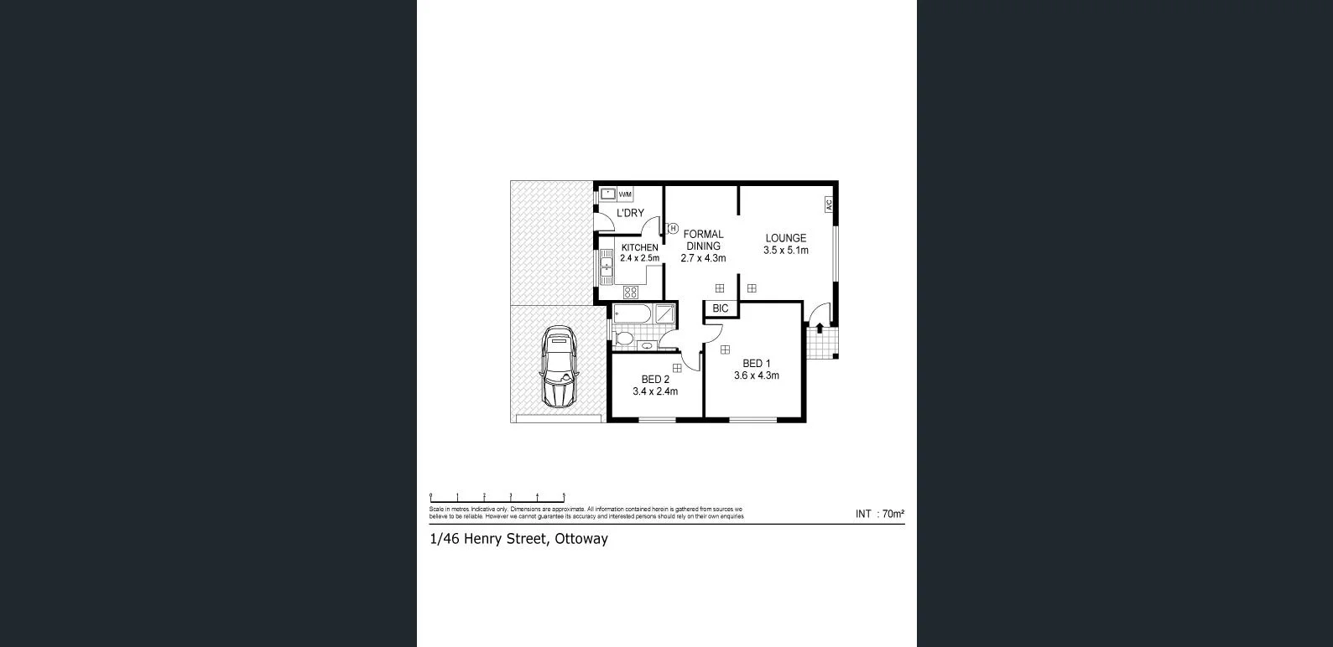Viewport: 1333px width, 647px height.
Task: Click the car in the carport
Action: coord(559,367)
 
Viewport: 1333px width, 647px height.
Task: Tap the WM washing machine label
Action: coord(625,194)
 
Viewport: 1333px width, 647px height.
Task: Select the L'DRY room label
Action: coord(630,214)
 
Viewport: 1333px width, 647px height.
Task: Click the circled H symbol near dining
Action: coord(673,228)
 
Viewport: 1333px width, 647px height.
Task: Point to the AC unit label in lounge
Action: coord(828,204)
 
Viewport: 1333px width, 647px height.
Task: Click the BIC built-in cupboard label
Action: coord(721,308)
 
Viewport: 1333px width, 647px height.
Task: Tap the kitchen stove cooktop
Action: coord(630,292)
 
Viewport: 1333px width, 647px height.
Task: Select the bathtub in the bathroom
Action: coord(632,314)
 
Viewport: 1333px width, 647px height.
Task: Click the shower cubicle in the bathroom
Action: coord(665,314)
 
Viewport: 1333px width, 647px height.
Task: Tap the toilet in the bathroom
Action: coord(622,339)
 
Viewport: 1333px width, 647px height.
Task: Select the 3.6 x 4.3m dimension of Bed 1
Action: coord(756,375)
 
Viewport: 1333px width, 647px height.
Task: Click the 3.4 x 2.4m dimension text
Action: coord(655,391)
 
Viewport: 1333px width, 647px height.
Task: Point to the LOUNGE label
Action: coord(785,238)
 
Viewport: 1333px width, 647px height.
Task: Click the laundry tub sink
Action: coord(608,194)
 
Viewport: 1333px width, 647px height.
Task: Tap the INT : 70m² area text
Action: coord(879,514)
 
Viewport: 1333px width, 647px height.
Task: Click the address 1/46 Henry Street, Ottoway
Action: coord(518,539)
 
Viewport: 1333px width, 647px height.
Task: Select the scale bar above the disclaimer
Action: coord(497,498)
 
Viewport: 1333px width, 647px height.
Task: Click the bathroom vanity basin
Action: coord(646,345)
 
